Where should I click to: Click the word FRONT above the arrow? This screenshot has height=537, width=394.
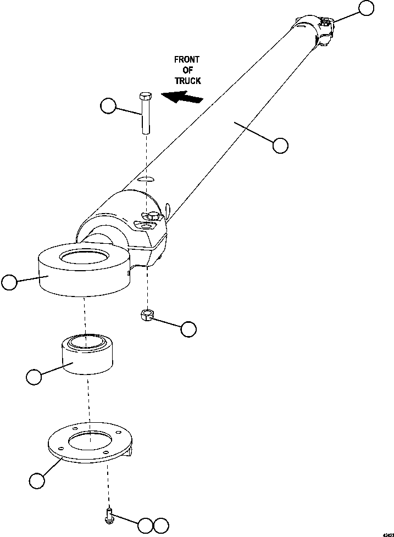[x=187, y=59]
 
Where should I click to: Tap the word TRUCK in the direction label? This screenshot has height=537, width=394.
[x=187, y=81]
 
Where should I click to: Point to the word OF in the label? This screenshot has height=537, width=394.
[x=187, y=70]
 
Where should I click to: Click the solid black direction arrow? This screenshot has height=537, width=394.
[x=182, y=98]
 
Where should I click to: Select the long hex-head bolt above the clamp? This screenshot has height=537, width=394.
[x=146, y=113]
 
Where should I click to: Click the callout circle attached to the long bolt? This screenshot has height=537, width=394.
[x=109, y=106]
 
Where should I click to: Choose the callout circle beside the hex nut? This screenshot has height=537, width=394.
[x=188, y=328]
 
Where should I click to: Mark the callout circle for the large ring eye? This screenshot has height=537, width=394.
[x=9, y=282]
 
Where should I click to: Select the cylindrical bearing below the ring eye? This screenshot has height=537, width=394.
[x=88, y=355]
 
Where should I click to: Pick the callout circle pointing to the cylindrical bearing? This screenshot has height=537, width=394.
[x=34, y=377]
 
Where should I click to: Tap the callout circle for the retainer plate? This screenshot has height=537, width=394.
[x=37, y=480]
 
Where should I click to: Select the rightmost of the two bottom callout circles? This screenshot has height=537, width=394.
[x=160, y=525]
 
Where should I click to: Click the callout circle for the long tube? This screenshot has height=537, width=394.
[x=280, y=145]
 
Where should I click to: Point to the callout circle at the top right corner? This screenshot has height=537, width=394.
[x=366, y=7]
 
